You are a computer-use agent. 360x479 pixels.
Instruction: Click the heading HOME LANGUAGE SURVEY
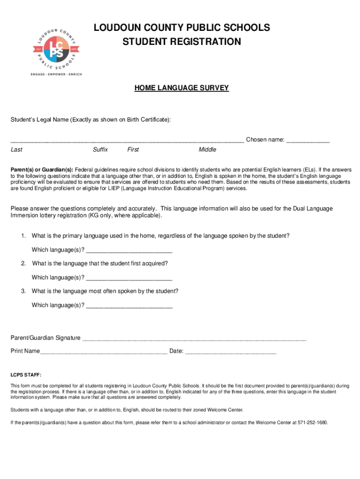(x=182, y=87)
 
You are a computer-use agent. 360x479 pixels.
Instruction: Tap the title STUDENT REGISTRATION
(x=182, y=42)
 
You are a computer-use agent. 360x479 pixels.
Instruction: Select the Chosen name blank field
(x=308, y=140)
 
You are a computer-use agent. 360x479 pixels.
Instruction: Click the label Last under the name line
(x=16, y=150)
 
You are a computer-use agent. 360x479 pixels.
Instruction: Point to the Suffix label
(x=100, y=150)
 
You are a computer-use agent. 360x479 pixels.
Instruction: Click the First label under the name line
(x=133, y=150)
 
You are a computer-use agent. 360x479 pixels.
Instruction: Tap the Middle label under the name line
(x=207, y=150)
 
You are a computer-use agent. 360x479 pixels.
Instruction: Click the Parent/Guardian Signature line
(x=194, y=338)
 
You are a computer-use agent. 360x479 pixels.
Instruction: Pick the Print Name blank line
(x=104, y=351)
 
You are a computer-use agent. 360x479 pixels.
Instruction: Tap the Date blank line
(x=231, y=351)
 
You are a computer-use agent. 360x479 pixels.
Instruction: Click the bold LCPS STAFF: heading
(x=26, y=375)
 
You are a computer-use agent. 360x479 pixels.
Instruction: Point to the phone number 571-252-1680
(x=312, y=422)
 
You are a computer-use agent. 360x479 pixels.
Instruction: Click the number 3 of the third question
(x=23, y=291)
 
